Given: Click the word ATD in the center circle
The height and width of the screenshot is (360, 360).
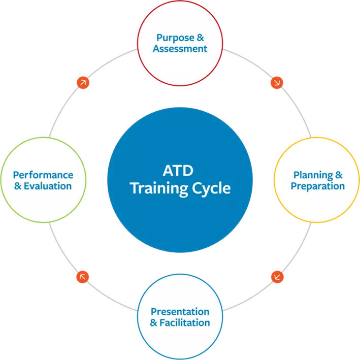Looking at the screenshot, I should click(x=180, y=169).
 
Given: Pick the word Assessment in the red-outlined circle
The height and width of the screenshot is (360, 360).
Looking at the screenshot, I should click(x=181, y=49).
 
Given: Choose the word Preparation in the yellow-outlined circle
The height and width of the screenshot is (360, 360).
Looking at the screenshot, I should click(x=317, y=186).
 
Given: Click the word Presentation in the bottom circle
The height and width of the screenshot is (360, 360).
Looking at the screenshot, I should click(x=180, y=311).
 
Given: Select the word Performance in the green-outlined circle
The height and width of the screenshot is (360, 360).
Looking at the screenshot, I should click(x=43, y=175).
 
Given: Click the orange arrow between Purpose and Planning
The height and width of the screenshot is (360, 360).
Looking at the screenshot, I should click(x=277, y=82).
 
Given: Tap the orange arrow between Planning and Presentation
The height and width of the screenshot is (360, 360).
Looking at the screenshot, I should click(x=277, y=277).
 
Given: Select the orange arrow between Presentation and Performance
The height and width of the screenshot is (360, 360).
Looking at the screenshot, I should click(x=82, y=277).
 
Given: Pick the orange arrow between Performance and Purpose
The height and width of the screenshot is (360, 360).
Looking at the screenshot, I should click(x=82, y=82).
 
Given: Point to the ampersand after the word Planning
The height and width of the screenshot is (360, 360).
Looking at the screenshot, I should click(x=339, y=175).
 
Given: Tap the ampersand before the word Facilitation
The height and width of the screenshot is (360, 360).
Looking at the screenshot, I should click(x=154, y=322).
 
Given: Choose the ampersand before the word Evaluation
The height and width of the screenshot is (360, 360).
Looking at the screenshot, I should click(x=18, y=186).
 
